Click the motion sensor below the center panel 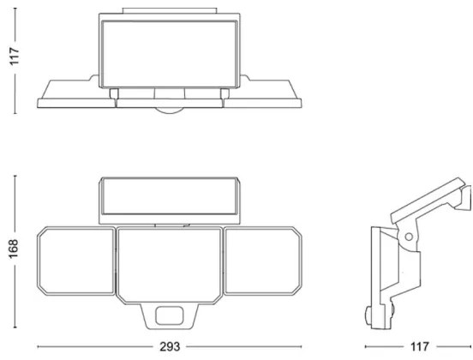coord(172,315)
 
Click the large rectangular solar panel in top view coord(169,53)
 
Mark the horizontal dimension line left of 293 coord(94,347)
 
